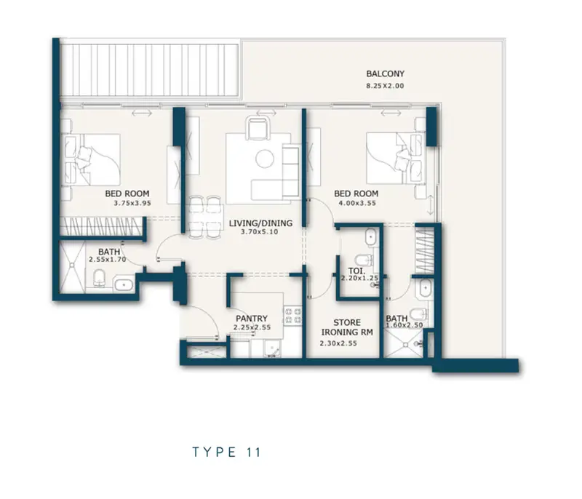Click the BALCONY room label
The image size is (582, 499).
click(x=385, y=73)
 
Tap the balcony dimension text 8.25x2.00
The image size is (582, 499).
click(x=385, y=86)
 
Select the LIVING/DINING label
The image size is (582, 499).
click(x=260, y=223)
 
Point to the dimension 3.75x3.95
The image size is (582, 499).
click(x=132, y=203)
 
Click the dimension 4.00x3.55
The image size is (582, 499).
click(x=357, y=203)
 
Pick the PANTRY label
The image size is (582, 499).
click(x=252, y=319)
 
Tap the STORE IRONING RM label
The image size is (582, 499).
click(x=347, y=327)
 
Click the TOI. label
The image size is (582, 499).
click(x=356, y=271)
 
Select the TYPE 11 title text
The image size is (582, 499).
click(x=227, y=452)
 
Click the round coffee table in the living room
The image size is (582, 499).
click(x=265, y=159)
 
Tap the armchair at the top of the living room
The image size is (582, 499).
click(x=258, y=128)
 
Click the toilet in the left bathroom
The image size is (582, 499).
click(x=99, y=278)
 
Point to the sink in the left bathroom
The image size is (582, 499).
click(x=124, y=284)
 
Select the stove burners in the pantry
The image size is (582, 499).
click(x=293, y=316)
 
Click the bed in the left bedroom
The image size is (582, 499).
click(x=92, y=159)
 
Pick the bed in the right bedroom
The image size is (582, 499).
click(x=395, y=158)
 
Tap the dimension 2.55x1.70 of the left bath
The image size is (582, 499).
click(x=108, y=260)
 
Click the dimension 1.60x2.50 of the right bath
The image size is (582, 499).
click(x=404, y=325)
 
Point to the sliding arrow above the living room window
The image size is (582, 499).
click(x=266, y=113)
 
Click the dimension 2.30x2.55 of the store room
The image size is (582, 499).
click(x=338, y=343)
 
